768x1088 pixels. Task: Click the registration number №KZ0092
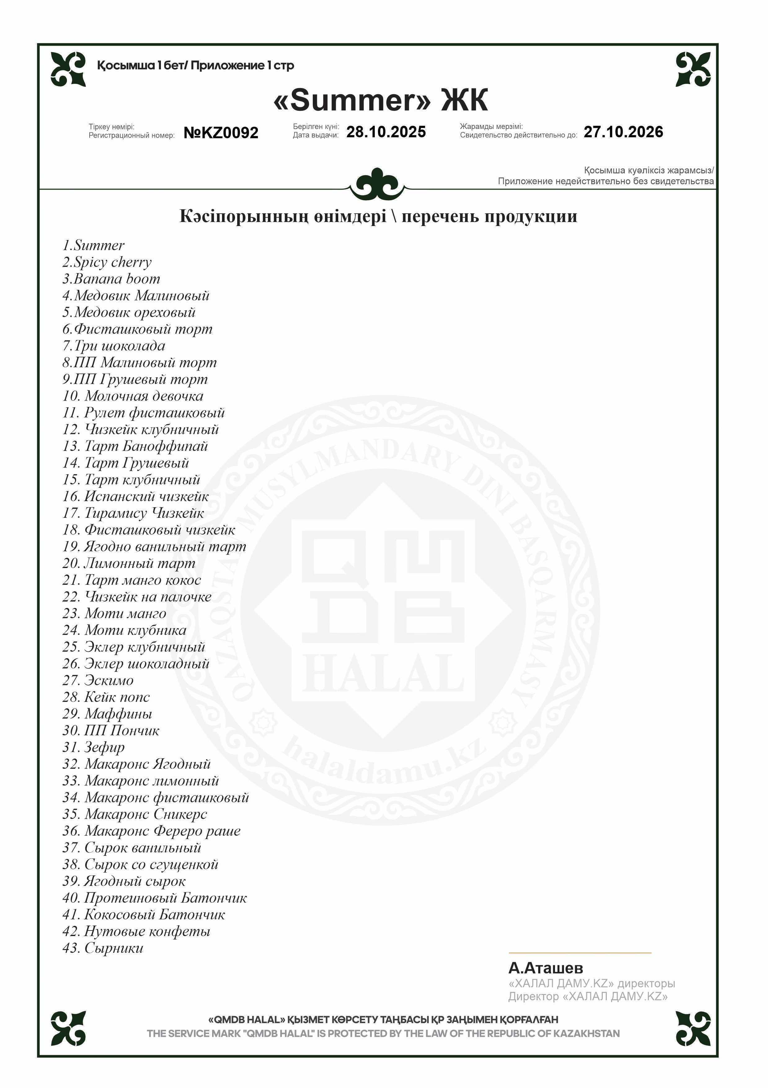coord(221,133)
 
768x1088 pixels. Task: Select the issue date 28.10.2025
coord(386,132)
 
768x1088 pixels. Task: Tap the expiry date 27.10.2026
coord(623,132)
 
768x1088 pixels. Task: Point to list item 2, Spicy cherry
coord(107,262)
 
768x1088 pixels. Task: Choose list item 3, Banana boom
coord(111,279)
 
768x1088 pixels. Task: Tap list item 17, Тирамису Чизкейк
coord(133,513)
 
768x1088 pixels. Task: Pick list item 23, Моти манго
coord(114,614)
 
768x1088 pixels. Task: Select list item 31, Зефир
coord(93,747)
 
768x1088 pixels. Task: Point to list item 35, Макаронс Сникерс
coord(135,814)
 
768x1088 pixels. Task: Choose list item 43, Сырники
coord(103,948)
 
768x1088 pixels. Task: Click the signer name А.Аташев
coord(545,968)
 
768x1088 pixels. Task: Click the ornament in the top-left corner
coord(69,69)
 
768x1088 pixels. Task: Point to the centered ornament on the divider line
coord(377,184)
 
